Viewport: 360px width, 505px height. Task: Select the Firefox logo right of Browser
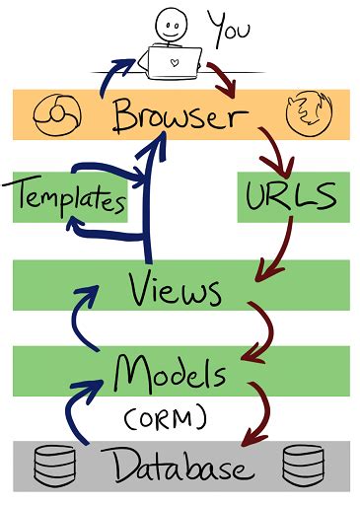pyautogui.click(x=304, y=116)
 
